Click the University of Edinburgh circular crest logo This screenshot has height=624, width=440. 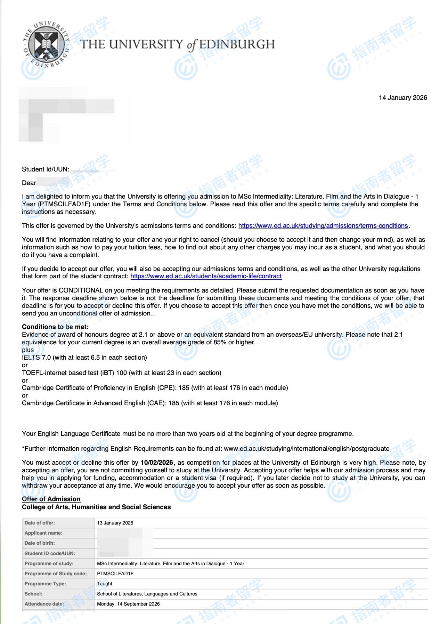(x=46, y=44)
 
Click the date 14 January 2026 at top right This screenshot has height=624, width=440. (x=402, y=98)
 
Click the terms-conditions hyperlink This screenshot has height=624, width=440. (x=323, y=226)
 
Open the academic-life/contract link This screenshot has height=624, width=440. (x=206, y=276)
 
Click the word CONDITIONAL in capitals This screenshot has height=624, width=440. (x=81, y=290)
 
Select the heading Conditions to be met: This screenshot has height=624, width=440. (x=55, y=327)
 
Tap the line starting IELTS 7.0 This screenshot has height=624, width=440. (x=84, y=358)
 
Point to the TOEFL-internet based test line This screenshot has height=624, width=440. (x=121, y=373)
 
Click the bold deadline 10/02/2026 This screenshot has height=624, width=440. (x=156, y=463)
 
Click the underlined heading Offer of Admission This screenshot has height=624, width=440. (x=51, y=499)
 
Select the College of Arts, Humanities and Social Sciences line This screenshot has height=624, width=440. (x=96, y=507)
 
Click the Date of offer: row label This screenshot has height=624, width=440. (x=40, y=523)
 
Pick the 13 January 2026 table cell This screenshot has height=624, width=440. (x=115, y=523)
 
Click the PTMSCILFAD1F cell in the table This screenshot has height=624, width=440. (x=115, y=574)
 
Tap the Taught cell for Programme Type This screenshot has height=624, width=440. (x=105, y=584)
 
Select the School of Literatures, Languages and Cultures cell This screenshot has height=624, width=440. (x=147, y=594)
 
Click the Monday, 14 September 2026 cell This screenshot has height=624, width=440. (x=128, y=604)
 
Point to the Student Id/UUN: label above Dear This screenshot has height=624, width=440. (x=45, y=169)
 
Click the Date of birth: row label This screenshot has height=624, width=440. (x=40, y=543)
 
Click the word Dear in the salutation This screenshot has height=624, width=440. (x=29, y=183)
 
